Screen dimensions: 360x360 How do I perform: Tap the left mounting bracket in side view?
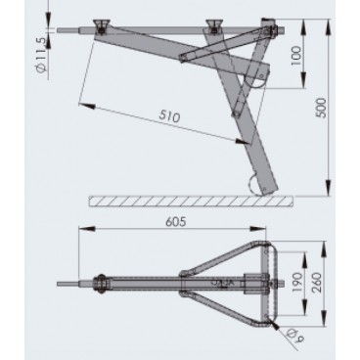101,24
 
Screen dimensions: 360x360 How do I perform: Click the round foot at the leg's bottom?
256,183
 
